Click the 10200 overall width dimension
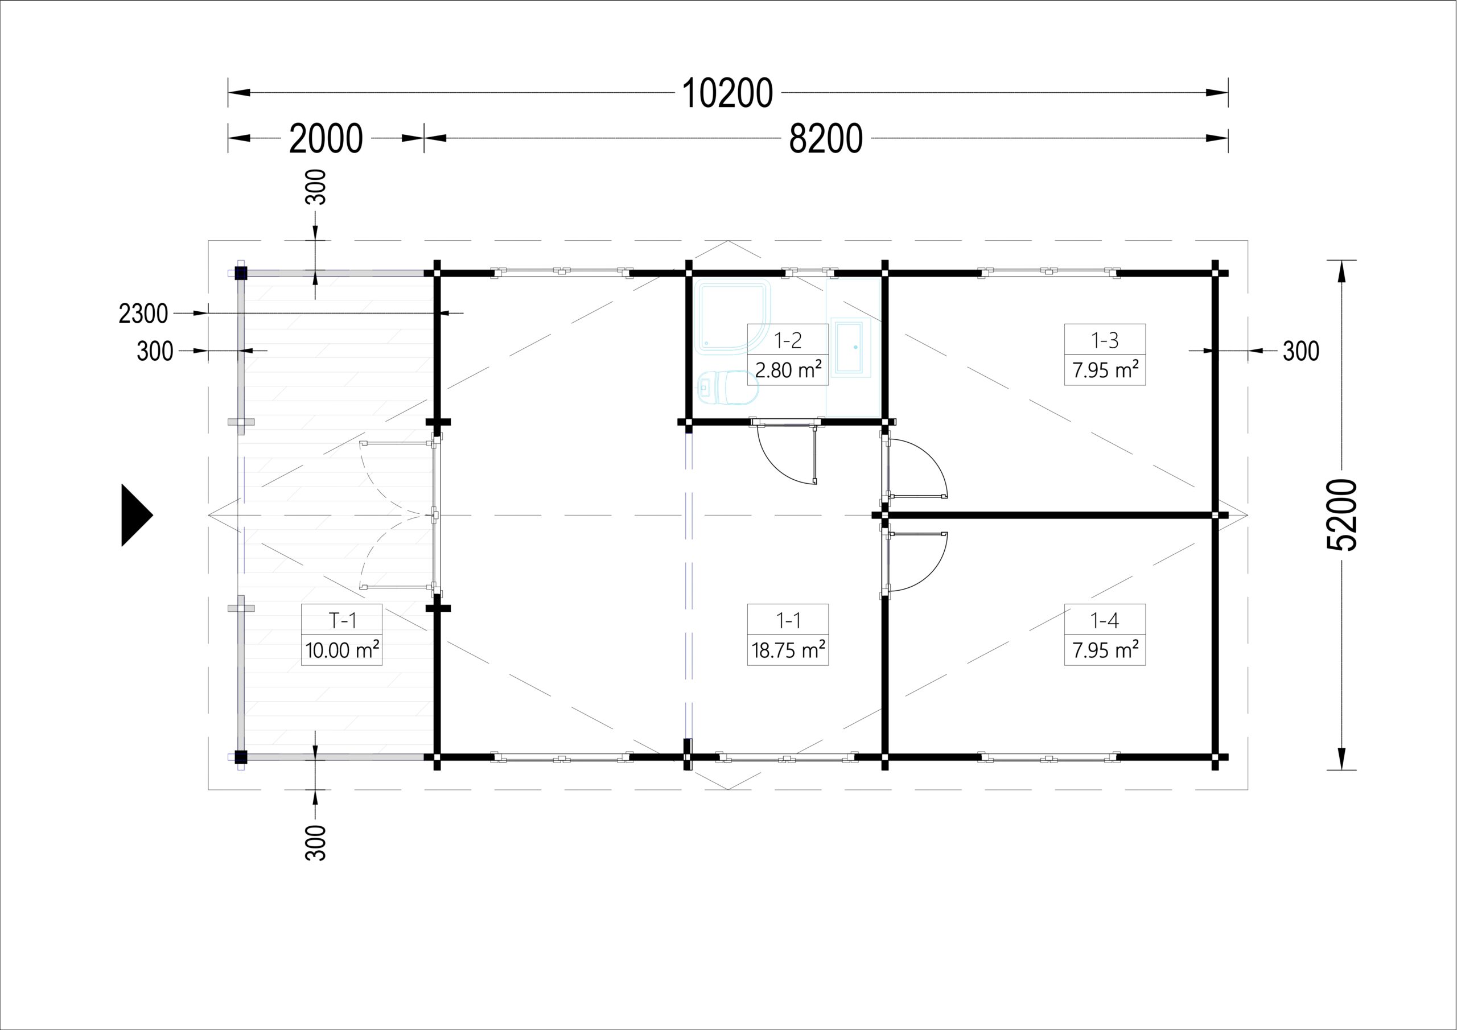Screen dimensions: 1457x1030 pyautogui.click(x=727, y=93)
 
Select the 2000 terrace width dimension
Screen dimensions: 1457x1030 pyautogui.click(x=326, y=138)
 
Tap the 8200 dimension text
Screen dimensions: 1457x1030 pyautogui.click(x=826, y=138)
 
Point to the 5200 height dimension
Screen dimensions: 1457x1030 pyautogui.click(x=1341, y=514)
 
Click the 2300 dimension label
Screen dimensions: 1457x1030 pyautogui.click(x=143, y=314)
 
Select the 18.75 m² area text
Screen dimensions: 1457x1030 pyautogui.click(x=788, y=650)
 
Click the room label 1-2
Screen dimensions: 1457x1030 pyautogui.click(x=788, y=340)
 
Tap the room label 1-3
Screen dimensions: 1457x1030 pyautogui.click(x=1105, y=340)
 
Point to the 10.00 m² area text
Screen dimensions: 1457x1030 pyautogui.click(x=342, y=650)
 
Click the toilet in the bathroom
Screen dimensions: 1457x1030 pyautogui.click(x=727, y=386)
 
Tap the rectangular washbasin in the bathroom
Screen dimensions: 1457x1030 pyautogui.click(x=849, y=348)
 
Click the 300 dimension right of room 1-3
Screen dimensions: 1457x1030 pyautogui.click(x=1301, y=351)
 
